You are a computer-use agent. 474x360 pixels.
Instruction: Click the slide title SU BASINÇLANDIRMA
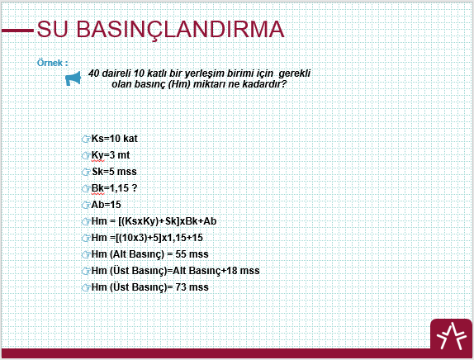(160, 30)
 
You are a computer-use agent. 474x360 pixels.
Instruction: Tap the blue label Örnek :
(53, 63)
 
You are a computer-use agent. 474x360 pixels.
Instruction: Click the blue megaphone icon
(73, 78)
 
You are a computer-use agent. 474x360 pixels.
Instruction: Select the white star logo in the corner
(451, 336)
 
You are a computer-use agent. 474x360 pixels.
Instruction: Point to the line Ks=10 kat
(114, 139)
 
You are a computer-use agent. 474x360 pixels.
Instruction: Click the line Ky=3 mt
(111, 155)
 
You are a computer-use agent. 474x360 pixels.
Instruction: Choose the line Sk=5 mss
(114, 172)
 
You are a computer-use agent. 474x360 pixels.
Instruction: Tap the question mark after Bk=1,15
(135, 188)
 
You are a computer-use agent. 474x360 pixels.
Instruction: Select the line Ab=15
(106, 205)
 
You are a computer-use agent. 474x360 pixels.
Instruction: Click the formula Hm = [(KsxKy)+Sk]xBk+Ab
(154, 221)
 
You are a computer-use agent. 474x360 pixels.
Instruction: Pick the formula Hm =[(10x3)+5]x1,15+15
(147, 238)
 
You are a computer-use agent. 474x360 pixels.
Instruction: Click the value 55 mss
(192, 254)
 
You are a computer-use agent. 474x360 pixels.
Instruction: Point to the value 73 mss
(192, 287)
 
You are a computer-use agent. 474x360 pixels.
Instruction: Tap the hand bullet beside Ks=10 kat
(86, 139)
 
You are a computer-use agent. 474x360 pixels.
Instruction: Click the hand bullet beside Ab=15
(86, 205)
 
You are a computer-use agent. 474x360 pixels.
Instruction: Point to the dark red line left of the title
(17, 31)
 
